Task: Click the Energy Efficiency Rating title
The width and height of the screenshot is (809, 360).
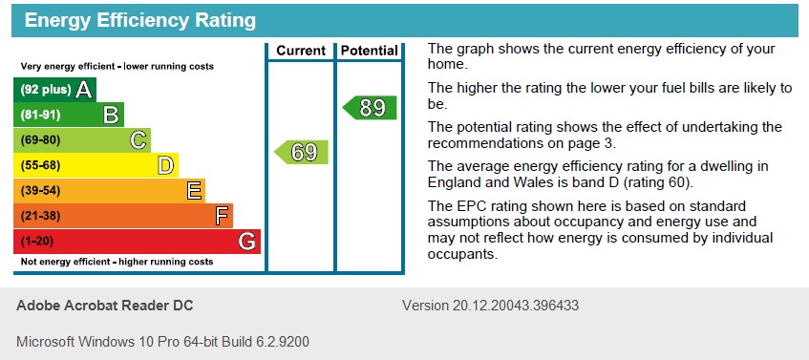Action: [x=139, y=20]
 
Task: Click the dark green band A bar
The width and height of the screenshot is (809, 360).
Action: [x=54, y=90]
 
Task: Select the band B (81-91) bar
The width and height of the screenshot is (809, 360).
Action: [x=68, y=116]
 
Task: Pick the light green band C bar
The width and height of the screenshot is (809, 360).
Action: [x=81, y=140]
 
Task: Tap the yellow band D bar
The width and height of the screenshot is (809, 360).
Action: [x=96, y=166]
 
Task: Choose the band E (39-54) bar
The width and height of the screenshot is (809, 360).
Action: [x=109, y=191]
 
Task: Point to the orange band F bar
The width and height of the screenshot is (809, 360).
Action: [x=122, y=216]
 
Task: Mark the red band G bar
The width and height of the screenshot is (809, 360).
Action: [x=137, y=242]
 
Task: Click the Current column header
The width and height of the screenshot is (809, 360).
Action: [x=301, y=51]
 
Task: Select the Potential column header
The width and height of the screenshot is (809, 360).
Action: [x=369, y=51]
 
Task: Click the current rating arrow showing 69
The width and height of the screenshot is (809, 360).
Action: [x=302, y=152]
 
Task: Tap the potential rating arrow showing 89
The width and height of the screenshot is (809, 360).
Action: [x=370, y=108]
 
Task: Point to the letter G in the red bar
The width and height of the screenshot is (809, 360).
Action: [x=247, y=242]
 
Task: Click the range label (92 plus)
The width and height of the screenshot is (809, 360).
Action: [x=45, y=91]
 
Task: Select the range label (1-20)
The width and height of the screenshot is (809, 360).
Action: [x=37, y=242]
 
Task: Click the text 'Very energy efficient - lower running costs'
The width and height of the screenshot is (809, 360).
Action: [x=117, y=67]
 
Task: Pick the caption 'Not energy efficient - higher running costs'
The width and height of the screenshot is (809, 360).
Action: [x=117, y=262]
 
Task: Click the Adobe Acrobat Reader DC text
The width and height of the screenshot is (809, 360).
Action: [x=104, y=307]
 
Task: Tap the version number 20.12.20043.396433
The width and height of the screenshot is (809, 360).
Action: [x=490, y=307]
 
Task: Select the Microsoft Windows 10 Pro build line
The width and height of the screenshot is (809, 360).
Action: [x=162, y=341]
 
